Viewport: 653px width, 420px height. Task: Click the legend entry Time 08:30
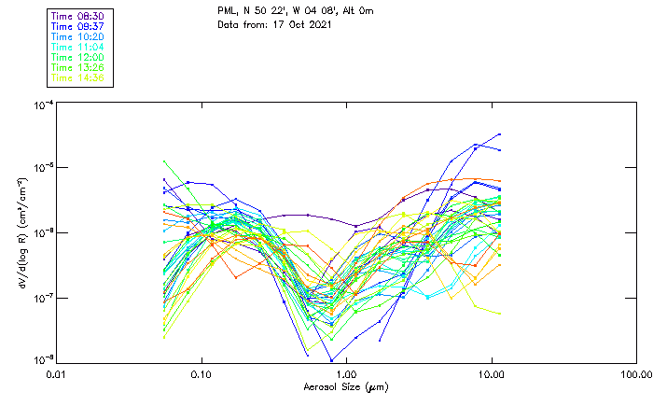click(77, 17)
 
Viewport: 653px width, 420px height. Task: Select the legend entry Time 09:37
click(77, 27)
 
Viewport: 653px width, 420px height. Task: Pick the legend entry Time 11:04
click(77, 48)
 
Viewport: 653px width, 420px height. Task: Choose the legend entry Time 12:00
click(77, 58)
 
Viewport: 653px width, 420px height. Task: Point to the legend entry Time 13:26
click(77, 68)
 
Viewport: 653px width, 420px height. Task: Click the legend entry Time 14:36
click(77, 78)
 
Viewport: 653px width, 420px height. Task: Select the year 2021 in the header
click(320, 25)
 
